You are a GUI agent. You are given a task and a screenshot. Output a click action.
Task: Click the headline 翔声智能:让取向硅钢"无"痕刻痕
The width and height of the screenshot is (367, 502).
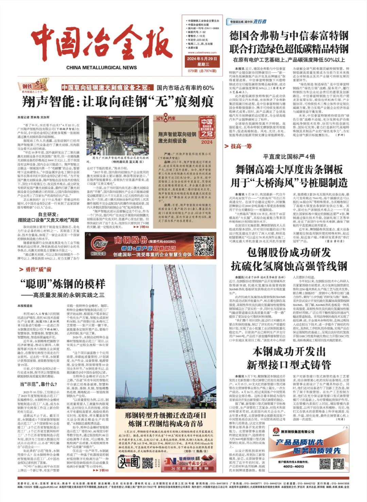(x=118, y=101)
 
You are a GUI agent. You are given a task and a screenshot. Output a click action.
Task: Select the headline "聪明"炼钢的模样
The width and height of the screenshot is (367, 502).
(x=63, y=283)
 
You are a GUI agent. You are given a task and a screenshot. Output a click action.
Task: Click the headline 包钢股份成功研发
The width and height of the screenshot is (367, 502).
(x=289, y=253)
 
